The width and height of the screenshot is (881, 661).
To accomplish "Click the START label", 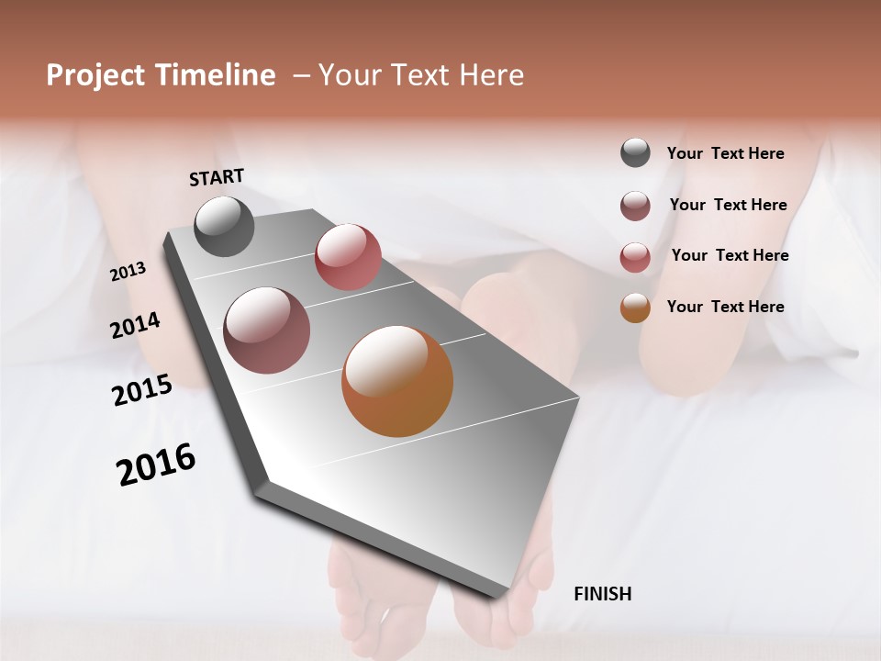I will [x=217, y=177].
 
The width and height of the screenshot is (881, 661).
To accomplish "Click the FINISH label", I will [x=602, y=594].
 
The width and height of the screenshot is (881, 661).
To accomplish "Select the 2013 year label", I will [x=128, y=272].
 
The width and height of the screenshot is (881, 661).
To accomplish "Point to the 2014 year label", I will [x=135, y=325].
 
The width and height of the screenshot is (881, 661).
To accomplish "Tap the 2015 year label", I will [x=141, y=390].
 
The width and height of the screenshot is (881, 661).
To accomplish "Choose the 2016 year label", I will [x=156, y=465].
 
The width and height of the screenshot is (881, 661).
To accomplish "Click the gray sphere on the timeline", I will [x=224, y=226].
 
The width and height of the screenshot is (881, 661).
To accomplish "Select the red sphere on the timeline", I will [x=348, y=257].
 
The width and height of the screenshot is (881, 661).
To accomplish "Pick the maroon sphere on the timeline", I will [x=266, y=330].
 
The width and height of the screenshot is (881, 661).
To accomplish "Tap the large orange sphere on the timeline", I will [x=397, y=381].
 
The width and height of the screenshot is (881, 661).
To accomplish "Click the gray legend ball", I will [x=635, y=152].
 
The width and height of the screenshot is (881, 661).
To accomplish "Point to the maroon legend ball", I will [x=635, y=206].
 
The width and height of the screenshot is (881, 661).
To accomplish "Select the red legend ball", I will [x=635, y=257].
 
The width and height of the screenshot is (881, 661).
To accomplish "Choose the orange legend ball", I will [x=635, y=308].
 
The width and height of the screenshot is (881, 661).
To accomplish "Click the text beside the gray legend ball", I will [x=725, y=153].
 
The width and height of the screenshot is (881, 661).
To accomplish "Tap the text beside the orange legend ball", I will [x=725, y=307].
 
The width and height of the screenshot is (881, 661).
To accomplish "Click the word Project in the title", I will [x=95, y=75].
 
